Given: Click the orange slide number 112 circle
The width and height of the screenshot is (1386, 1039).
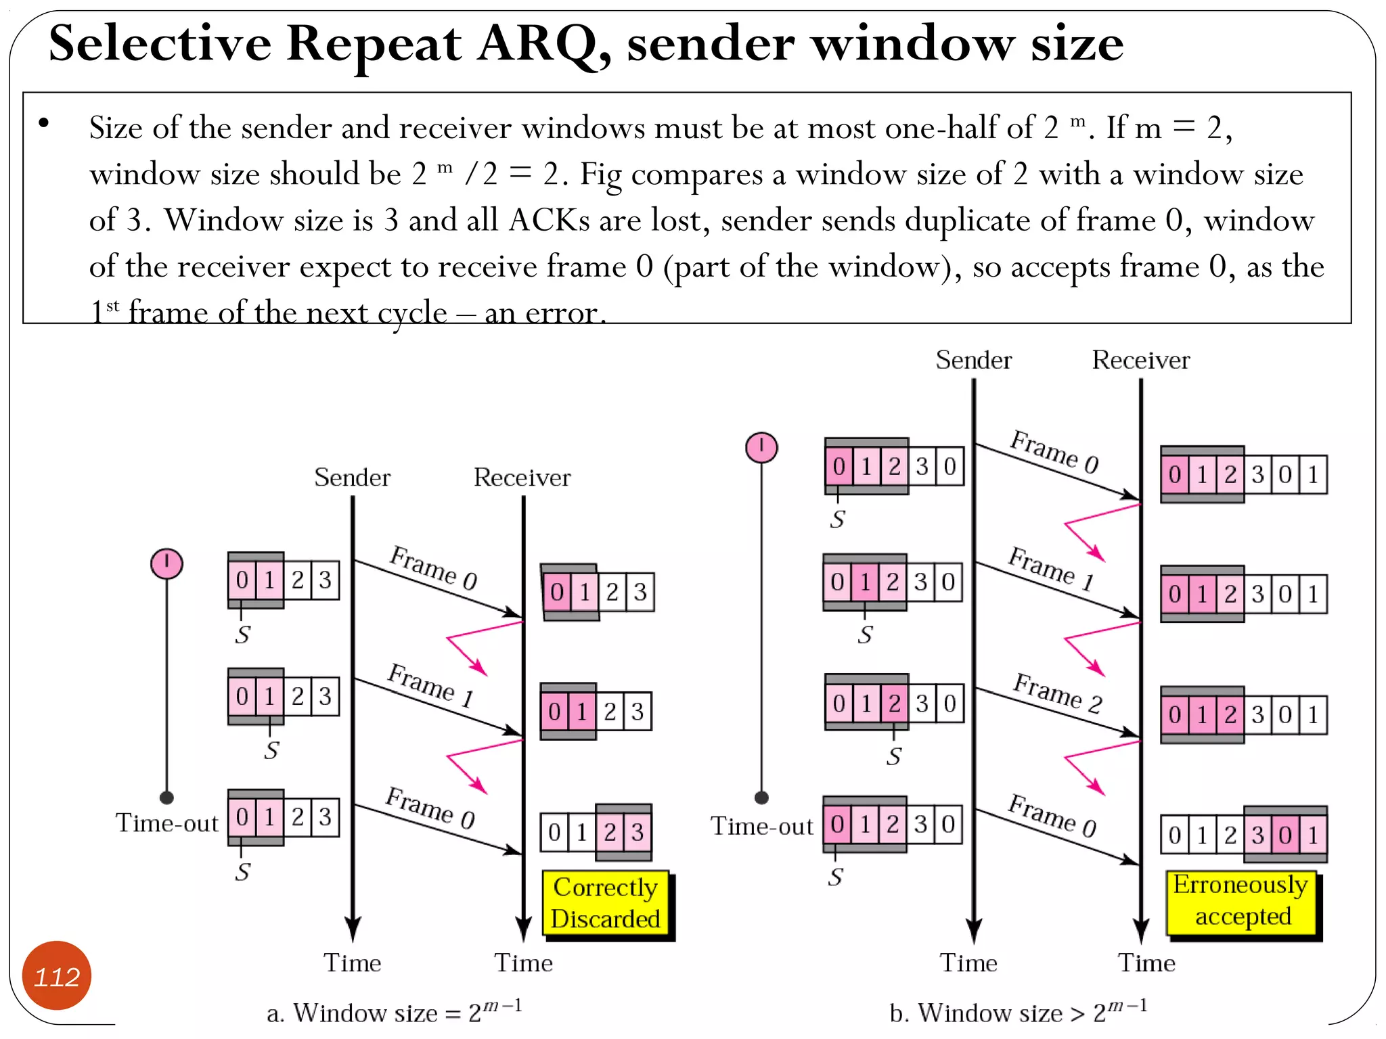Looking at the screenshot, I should [x=57, y=975].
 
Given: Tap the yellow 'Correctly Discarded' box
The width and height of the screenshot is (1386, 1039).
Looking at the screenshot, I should [x=605, y=903].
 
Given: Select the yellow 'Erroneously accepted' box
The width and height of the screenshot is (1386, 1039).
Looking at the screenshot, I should [x=1241, y=901].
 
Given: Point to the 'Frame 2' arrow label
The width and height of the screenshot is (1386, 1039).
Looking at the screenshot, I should [x=1057, y=693].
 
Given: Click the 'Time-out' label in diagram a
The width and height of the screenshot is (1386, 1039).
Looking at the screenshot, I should [x=167, y=823].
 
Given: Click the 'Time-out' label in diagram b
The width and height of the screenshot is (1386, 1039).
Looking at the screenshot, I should [x=761, y=826].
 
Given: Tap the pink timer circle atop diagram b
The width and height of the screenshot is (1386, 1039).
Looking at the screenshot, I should [x=761, y=447].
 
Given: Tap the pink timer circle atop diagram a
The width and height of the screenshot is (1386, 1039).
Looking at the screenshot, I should [x=166, y=563].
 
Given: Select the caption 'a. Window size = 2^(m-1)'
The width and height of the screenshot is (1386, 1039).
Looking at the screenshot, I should [x=395, y=1011].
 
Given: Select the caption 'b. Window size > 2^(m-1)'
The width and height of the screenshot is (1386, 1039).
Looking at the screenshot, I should [x=1019, y=1011].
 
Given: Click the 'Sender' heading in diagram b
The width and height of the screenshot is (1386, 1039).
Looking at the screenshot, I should [x=973, y=360].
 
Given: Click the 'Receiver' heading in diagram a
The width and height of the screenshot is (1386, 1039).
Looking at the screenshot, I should [x=522, y=478].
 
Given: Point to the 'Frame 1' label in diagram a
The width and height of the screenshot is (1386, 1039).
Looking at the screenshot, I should [x=430, y=684].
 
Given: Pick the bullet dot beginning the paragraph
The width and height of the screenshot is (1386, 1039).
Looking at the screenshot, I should [x=44, y=123].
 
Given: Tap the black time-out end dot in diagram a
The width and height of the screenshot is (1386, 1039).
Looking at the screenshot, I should [x=167, y=797].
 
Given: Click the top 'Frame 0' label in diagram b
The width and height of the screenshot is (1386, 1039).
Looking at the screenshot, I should [x=1054, y=451].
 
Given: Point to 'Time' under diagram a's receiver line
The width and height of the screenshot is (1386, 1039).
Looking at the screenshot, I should [x=523, y=963].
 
